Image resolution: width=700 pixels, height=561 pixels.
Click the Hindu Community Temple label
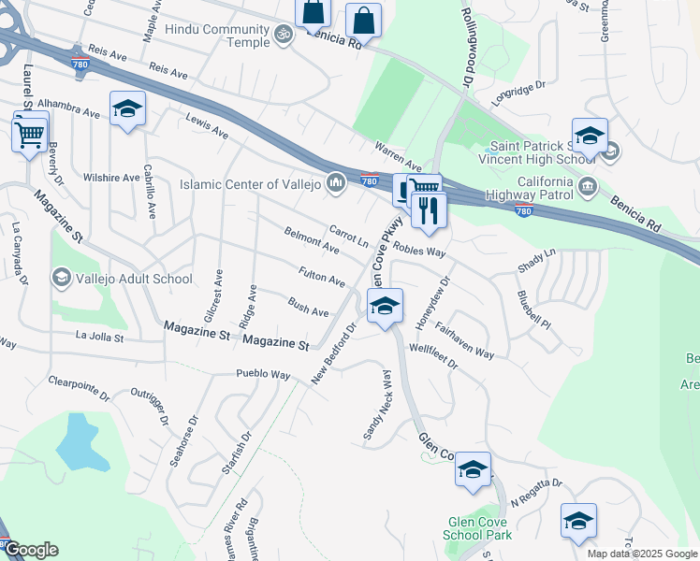pos(217,30)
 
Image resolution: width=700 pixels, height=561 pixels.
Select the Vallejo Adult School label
pos(134,279)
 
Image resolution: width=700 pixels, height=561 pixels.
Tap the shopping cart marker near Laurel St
pos(30,133)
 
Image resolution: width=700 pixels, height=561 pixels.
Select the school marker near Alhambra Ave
pos(127,108)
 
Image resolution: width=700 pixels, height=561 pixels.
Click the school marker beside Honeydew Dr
pos(385,306)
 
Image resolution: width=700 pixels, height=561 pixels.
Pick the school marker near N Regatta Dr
pos(578,520)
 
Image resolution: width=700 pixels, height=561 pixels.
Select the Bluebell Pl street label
pos(533,307)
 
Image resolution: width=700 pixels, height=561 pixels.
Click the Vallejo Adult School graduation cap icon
pos(62,277)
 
